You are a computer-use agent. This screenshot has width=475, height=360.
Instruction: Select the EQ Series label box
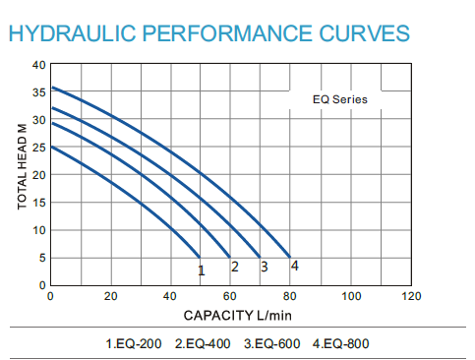(x=340, y=99)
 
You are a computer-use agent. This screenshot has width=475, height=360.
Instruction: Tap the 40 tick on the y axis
(x=39, y=65)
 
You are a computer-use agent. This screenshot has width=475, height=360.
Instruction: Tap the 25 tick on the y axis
(x=39, y=148)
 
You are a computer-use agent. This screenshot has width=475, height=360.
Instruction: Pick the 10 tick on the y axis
(x=39, y=230)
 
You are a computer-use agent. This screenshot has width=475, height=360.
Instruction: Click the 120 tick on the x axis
(x=411, y=296)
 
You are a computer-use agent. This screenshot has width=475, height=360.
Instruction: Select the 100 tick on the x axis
(x=351, y=296)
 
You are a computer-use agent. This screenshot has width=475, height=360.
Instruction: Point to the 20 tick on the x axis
(x=110, y=296)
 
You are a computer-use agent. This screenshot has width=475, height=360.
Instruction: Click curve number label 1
(x=201, y=270)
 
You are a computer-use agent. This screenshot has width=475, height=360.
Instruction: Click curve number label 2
(x=234, y=267)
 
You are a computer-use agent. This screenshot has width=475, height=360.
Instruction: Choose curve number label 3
(x=264, y=267)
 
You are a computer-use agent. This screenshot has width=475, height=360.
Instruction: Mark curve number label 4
(x=294, y=266)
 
